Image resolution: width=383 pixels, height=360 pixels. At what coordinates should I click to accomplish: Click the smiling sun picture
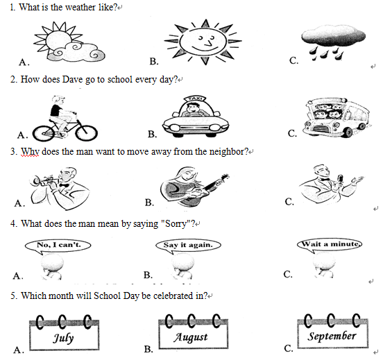[203, 42]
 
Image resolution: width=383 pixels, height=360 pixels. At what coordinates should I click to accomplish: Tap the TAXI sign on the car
[195, 98]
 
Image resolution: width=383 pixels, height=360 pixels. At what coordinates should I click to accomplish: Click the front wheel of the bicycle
[87, 133]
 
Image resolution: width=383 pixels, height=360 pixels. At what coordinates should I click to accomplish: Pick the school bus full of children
[337, 117]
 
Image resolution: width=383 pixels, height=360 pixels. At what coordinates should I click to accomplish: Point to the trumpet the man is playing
[44, 181]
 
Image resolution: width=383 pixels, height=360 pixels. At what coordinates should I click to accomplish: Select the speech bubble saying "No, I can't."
[58, 246]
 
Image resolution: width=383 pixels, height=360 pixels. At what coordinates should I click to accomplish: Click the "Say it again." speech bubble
[188, 246]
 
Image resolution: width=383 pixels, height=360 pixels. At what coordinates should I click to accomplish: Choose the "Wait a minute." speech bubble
[330, 245]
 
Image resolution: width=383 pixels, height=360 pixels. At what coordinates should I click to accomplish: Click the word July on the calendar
[63, 338]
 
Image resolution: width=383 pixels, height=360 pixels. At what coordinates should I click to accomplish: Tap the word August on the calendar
[191, 337]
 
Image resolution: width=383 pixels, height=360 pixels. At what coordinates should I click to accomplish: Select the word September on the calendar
[332, 336]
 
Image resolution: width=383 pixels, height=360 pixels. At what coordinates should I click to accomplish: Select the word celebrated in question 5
[173, 295]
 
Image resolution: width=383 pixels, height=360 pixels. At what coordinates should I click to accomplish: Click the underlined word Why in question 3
[30, 152]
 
